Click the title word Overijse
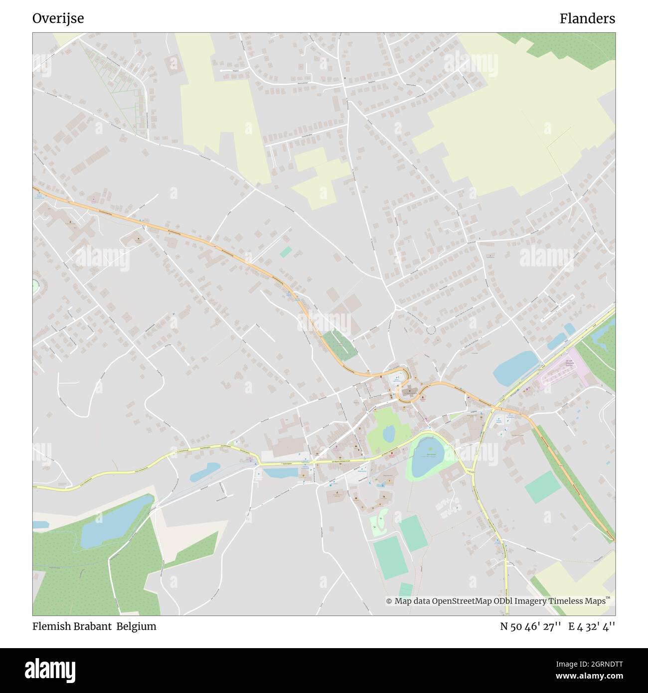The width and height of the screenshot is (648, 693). (x=58, y=18)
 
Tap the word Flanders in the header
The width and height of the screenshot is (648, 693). (x=587, y=18)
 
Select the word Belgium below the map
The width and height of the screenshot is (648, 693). (x=137, y=626)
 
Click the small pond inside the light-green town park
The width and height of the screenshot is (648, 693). (x=388, y=434)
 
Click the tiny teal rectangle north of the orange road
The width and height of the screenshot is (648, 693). (x=285, y=252)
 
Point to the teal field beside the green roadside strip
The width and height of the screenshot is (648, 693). (x=542, y=487)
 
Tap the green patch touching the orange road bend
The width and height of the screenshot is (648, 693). (x=339, y=345)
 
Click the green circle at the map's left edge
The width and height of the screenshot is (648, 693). (x=35, y=286)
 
